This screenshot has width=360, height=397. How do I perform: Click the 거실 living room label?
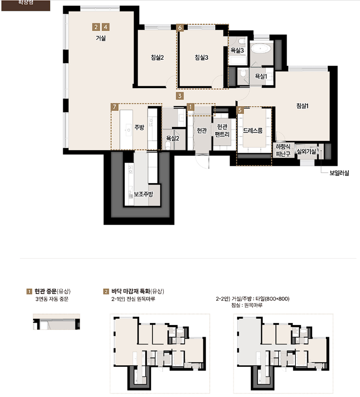click(100, 38)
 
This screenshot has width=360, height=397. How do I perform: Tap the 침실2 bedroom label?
click(158, 58)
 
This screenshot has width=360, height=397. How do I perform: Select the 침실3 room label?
click(201, 58)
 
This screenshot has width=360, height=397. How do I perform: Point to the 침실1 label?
click(302, 106)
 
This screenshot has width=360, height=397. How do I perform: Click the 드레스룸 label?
click(253, 131)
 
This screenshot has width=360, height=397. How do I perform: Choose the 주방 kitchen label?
click(139, 127)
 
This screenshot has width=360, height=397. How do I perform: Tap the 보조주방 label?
click(143, 194)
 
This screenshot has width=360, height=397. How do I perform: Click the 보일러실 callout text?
click(339, 173)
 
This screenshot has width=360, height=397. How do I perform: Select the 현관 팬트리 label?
click(222, 131)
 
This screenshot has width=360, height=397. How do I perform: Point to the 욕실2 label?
click(172, 138)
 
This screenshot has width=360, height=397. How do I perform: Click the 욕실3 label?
click(237, 51)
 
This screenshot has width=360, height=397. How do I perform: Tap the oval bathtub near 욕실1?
click(262, 48)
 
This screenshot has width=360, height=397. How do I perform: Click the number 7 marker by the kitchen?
click(114, 107)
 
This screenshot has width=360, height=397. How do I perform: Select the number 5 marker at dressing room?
click(240, 110)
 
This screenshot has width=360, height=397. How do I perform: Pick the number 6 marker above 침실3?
click(180, 28)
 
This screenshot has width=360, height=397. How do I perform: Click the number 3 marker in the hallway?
click(180, 96)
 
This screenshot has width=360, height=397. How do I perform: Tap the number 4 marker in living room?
click(106, 27)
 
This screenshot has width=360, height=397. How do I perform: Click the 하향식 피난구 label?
click(283, 150)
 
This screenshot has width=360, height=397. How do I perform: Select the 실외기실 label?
click(306, 152)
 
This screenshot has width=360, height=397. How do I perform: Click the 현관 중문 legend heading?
click(45, 291)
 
